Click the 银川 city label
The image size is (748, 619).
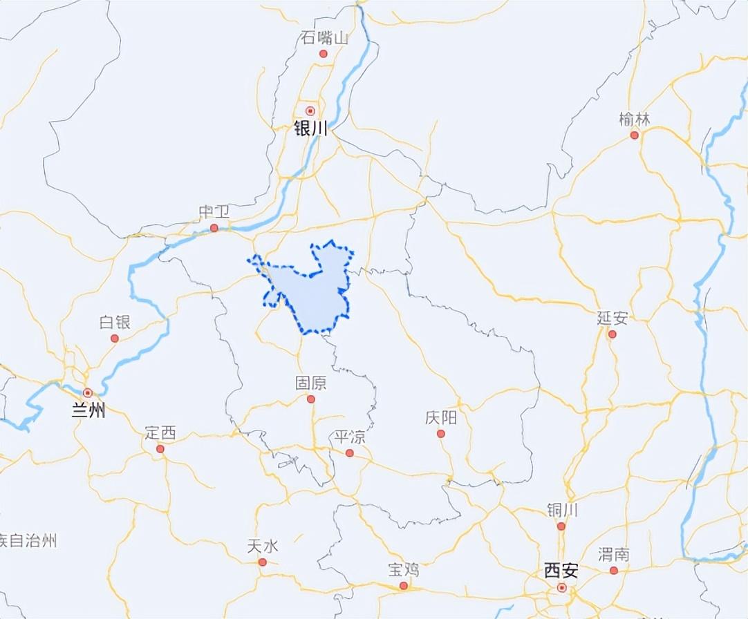310,128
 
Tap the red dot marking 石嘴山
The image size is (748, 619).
323,54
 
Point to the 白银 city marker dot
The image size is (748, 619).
115,339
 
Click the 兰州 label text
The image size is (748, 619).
88,411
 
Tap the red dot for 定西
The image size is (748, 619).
160,449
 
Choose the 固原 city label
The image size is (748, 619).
310,383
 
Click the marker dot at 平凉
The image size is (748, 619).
350,453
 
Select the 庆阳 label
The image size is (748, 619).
440,418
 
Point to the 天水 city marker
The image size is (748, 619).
263,562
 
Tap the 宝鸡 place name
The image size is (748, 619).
403,570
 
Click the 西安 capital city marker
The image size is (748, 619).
562,588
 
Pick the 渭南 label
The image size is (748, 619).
614,554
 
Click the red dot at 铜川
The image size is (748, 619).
561,526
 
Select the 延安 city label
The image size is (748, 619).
613,318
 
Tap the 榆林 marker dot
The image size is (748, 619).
635,135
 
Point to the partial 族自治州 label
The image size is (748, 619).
28,540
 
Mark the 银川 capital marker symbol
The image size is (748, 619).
310,110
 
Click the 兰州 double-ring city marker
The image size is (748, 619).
88,392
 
